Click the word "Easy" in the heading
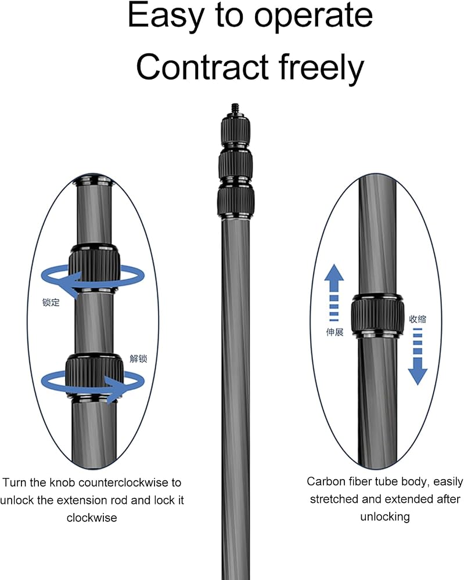(166, 16)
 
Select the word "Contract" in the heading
(202, 67)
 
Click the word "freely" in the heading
(321, 68)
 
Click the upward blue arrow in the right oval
(334, 292)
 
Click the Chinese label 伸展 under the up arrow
(334, 332)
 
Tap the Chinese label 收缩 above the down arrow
(418, 319)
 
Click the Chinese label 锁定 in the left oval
(51, 302)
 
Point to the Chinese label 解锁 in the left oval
(138, 358)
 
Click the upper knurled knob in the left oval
(95, 267)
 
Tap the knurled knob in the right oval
(377, 314)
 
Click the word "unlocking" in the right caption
(385, 517)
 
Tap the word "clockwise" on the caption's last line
(92, 517)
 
